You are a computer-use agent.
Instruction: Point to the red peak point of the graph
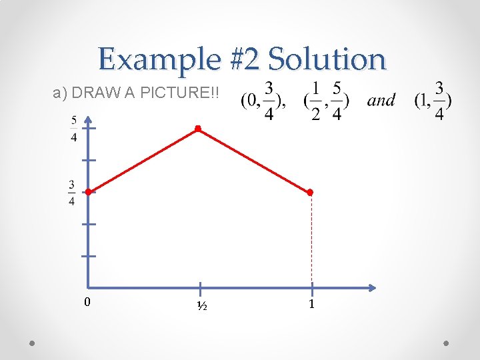pos(198,128)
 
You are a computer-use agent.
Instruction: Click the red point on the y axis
pos(88,192)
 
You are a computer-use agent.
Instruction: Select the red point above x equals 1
pos(310,192)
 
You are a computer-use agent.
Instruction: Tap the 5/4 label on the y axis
pos(73,129)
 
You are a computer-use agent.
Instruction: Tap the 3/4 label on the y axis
pos(72,193)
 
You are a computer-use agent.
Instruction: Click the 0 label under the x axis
pos(87,303)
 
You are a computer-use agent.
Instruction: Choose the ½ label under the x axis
pos(201,306)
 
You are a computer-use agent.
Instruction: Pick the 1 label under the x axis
pos(311,304)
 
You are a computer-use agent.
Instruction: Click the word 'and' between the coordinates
pos(381,101)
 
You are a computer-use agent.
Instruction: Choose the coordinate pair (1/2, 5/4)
pos(326,101)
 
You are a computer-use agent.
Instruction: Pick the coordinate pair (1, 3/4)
pos(433,101)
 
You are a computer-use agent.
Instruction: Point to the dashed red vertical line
pos(311,240)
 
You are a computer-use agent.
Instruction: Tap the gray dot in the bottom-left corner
pos(33,343)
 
